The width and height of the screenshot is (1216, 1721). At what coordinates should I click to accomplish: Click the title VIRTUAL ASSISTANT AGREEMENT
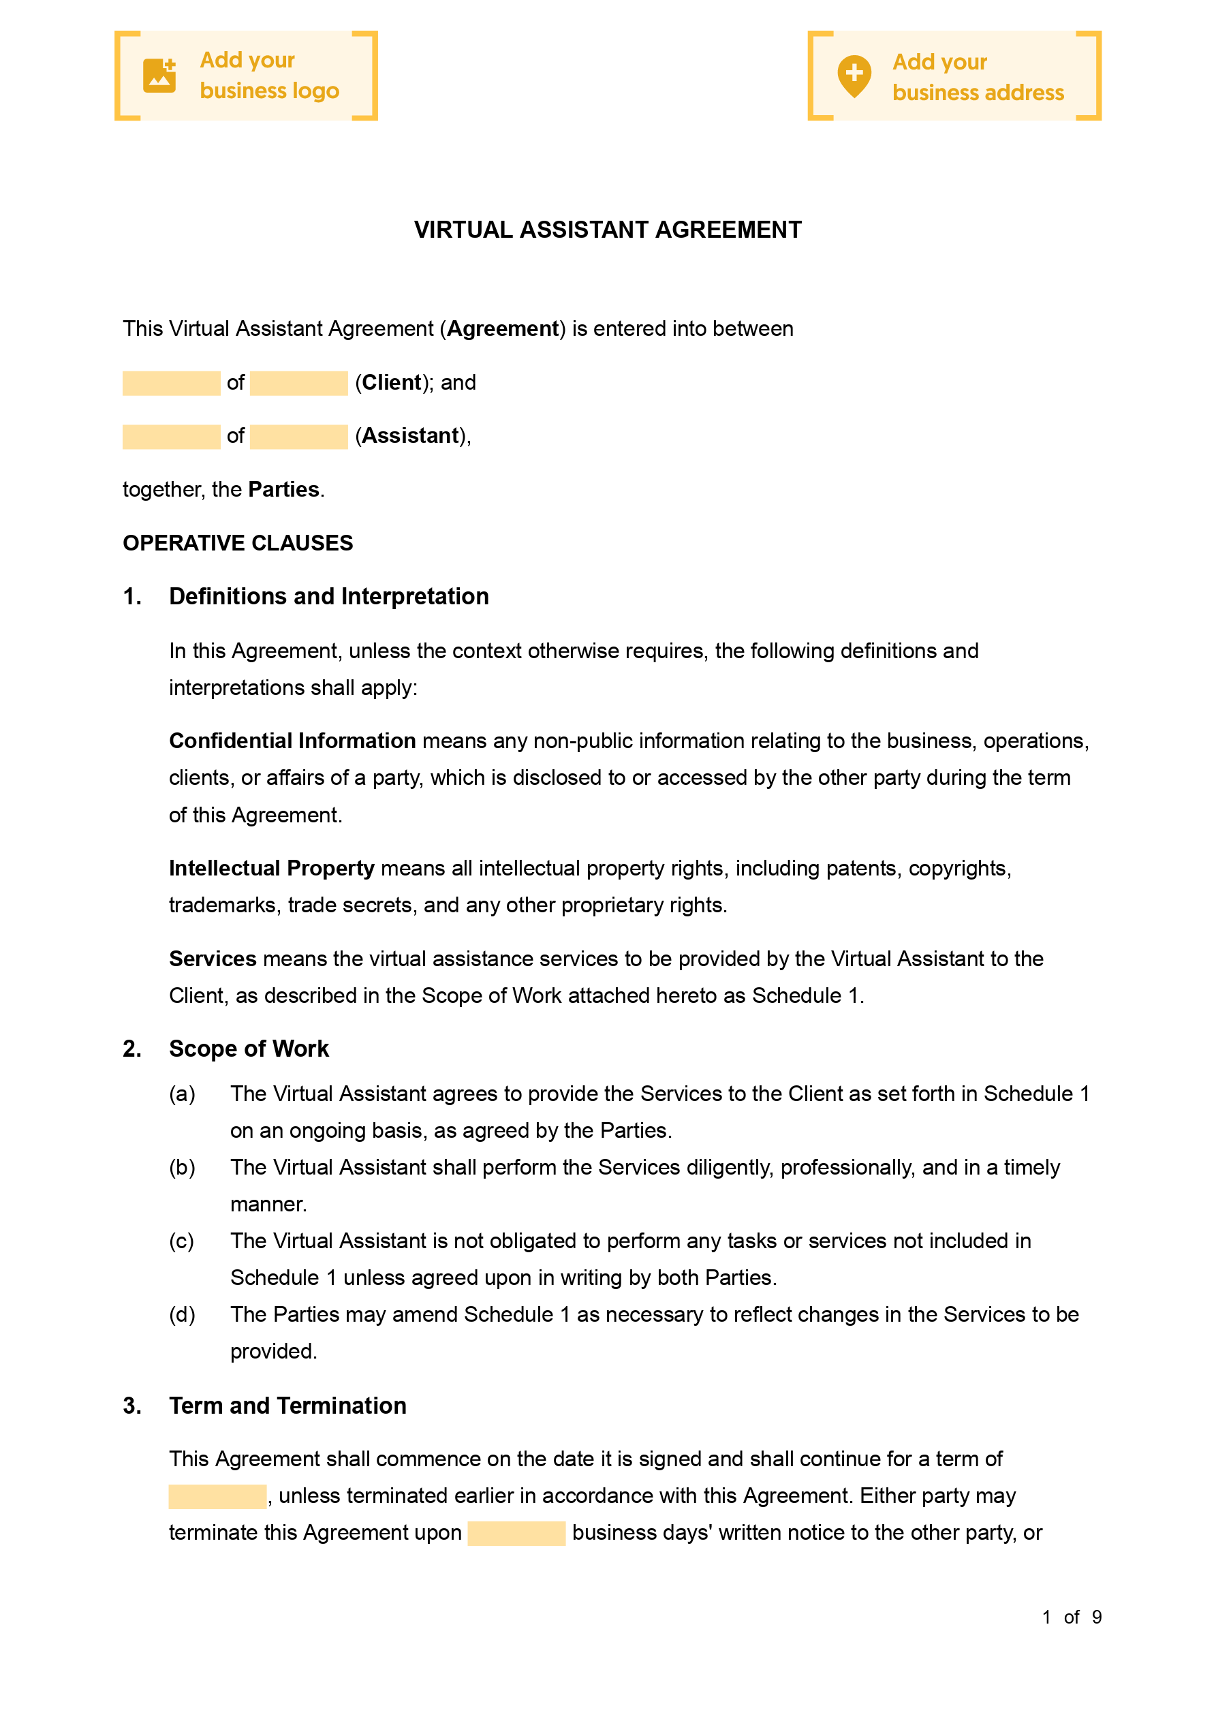pyautogui.click(x=607, y=230)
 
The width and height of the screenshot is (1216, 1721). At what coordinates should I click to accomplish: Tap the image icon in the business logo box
pyautogui.click(x=159, y=76)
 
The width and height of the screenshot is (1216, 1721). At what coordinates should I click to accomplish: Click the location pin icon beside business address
pyautogui.click(x=854, y=76)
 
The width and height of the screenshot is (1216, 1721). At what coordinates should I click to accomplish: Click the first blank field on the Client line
pyautogui.click(x=171, y=383)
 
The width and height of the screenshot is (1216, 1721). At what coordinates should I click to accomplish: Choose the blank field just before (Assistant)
pyautogui.click(x=298, y=436)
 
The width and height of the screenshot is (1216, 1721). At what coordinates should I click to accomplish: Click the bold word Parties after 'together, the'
pyautogui.click(x=283, y=489)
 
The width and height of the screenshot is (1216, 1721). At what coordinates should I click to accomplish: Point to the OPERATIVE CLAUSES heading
pyautogui.click(x=238, y=543)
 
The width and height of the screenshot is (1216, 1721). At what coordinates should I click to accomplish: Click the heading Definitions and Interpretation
pyautogui.click(x=328, y=597)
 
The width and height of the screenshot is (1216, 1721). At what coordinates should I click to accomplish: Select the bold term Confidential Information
pyautogui.click(x=292, y=741)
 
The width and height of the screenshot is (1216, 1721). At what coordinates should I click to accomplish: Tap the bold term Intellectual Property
pyautogui.click(x=271, y=868)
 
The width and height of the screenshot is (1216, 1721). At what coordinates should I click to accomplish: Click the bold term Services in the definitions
pyautogui.click(x=213, y=959)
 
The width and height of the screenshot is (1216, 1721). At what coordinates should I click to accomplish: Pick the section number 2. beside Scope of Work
pyautogui.click(x=132, y=1049)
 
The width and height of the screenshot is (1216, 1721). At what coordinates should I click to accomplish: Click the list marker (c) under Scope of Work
pyautogui.click(x=181, y=1241)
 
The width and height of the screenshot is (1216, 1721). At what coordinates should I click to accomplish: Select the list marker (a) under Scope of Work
pyautogui.click(x=181, y=1094)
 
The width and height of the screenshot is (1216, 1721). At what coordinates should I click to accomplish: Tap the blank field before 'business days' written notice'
pyautogui.click(x=516, y=1533)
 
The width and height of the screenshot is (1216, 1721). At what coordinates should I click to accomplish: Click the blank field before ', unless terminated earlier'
pyautogui.click(x=217, y=1496)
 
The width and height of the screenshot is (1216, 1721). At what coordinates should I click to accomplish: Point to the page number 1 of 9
pyautogui.click(x=1072, y=1617)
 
